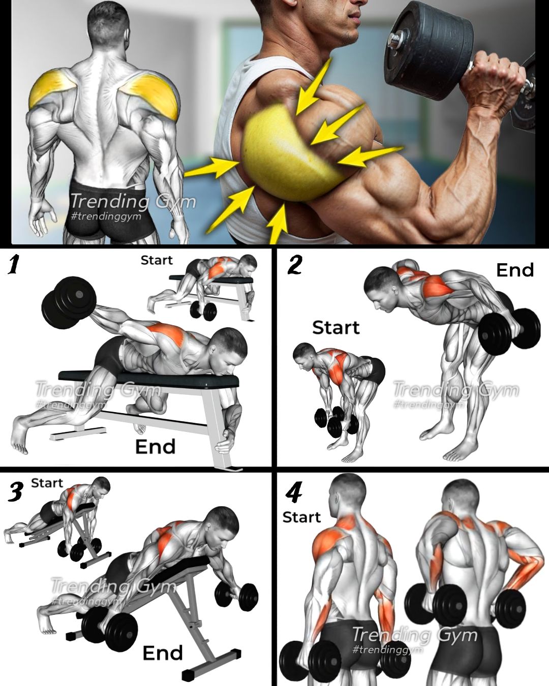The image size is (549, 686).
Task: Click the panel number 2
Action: pos(294,266)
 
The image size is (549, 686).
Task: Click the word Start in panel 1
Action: pos(157,261)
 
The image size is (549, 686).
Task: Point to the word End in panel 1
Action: pos(156,447)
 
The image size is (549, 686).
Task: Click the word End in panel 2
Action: pos(515,270)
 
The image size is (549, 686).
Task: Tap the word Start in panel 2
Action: pos(336,327)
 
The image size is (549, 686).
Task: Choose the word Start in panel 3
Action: pos(47,483)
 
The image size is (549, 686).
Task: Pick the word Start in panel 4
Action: pos(301,517)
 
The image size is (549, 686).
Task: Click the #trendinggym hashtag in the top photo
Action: pos(106,216)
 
